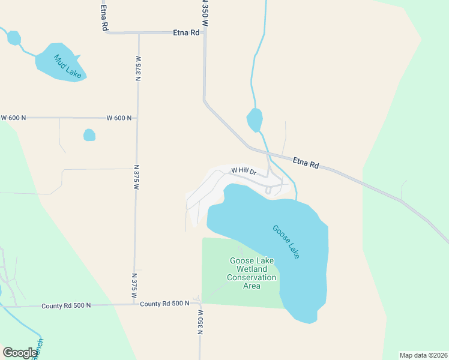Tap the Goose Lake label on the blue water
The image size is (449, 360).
coord(286,242)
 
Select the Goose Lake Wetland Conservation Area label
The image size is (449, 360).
coord(252,273)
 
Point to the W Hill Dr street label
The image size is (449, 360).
coord(244,171)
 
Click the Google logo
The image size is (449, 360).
coord(19,352)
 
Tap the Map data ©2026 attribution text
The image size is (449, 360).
coord(423,355)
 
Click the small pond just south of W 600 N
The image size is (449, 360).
coord(89,135)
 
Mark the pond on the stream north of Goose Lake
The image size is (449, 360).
coord(255,119)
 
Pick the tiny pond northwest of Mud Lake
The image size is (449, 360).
coord(13,38)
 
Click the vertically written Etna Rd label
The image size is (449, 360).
coord(104,16)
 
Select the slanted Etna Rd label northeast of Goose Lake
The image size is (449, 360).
coord(306,162)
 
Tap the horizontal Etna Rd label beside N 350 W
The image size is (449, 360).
coord(186,33)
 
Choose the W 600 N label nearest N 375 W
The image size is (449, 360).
coord(119,118)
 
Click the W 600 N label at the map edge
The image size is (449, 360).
coord(13,118)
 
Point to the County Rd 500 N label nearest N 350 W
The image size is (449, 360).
coord(165,304)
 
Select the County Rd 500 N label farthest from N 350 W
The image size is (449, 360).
coord(66,306)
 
